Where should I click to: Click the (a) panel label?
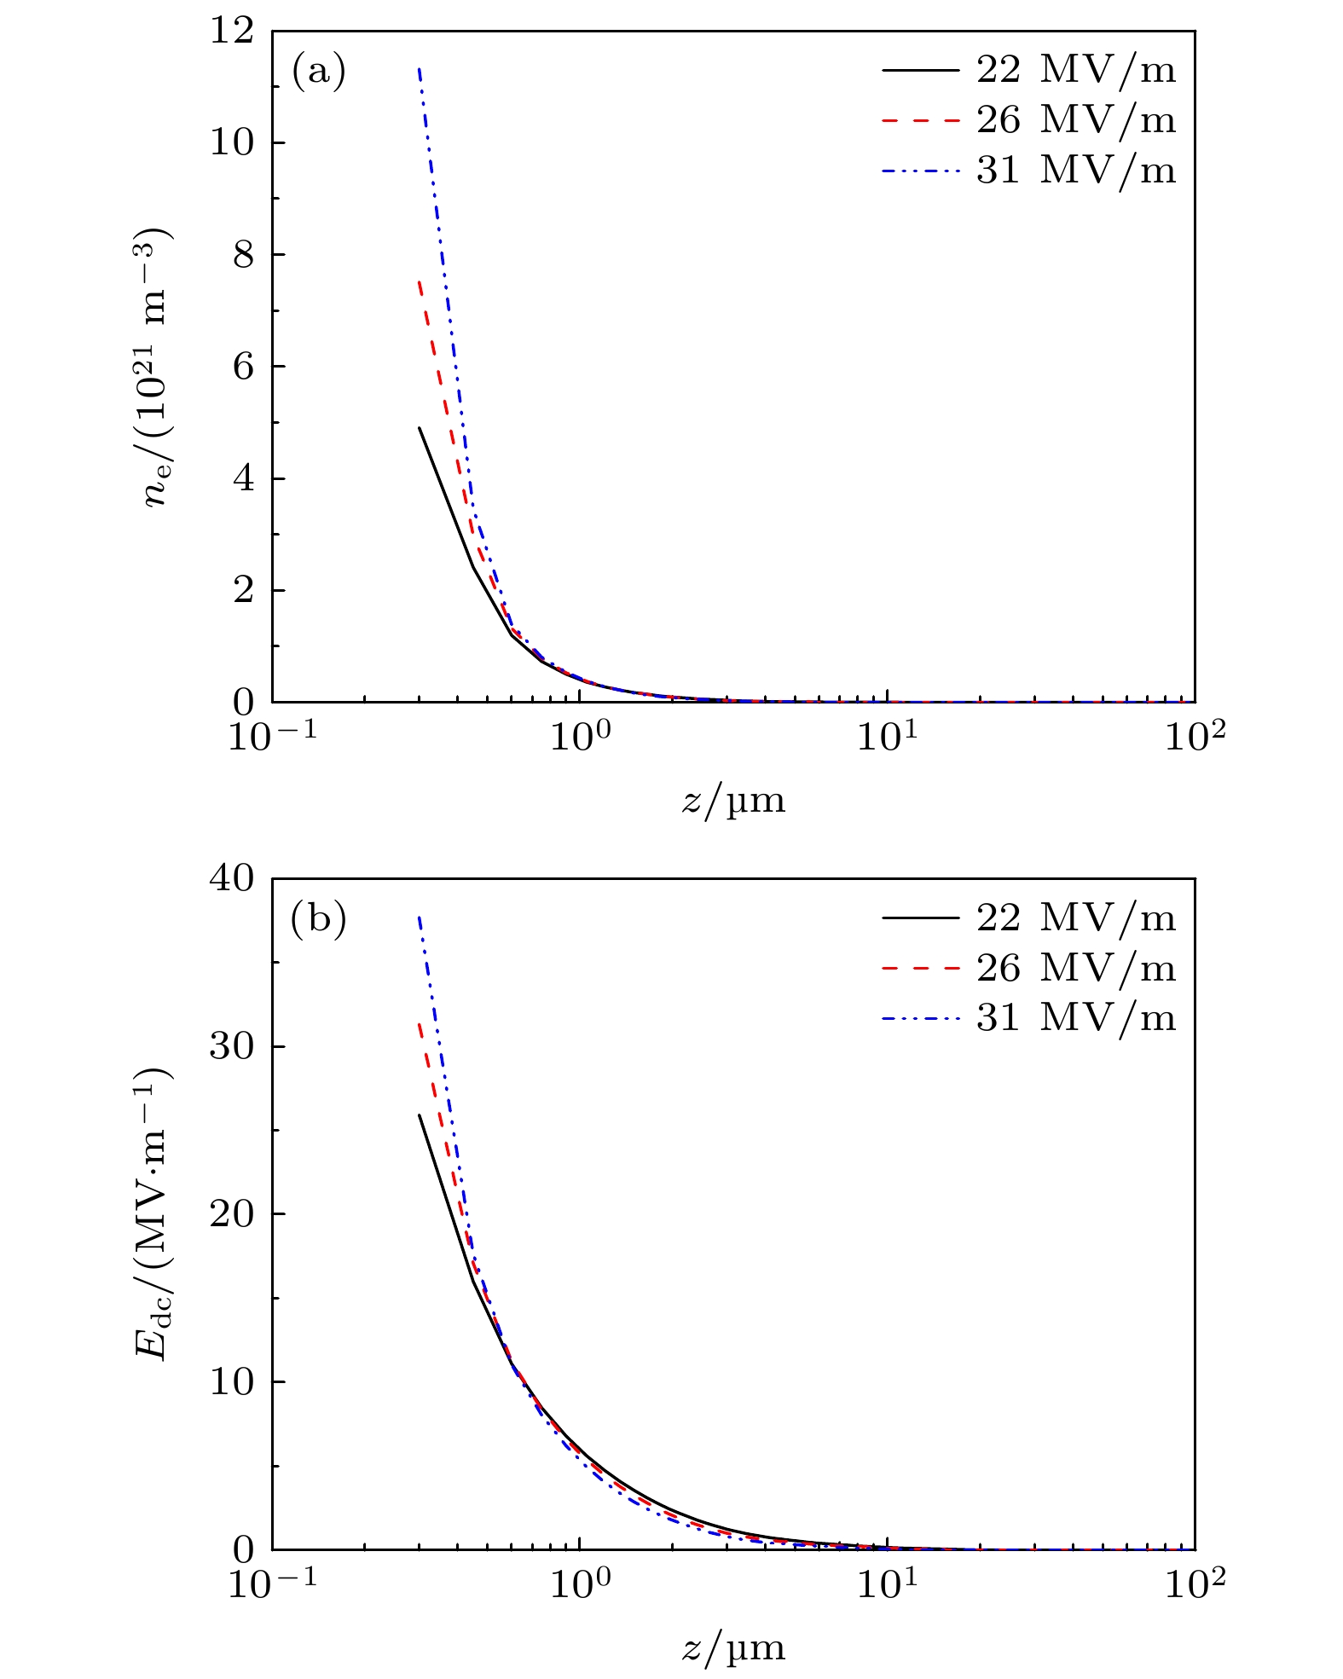(x=319, y=72)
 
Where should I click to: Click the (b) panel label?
(x=319, y=919)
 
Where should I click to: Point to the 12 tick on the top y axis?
(x=232, y=32)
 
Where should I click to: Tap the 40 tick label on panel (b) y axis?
(x=232, y=879)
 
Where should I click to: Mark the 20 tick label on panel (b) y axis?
(x=232, y=1214)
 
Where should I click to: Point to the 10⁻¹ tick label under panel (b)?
(x=272, y=1583)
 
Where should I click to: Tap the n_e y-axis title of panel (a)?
(x=158, y=367)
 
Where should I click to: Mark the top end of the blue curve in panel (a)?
(x=419, y=68)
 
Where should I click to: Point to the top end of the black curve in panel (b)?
(x=420, y=1115)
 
